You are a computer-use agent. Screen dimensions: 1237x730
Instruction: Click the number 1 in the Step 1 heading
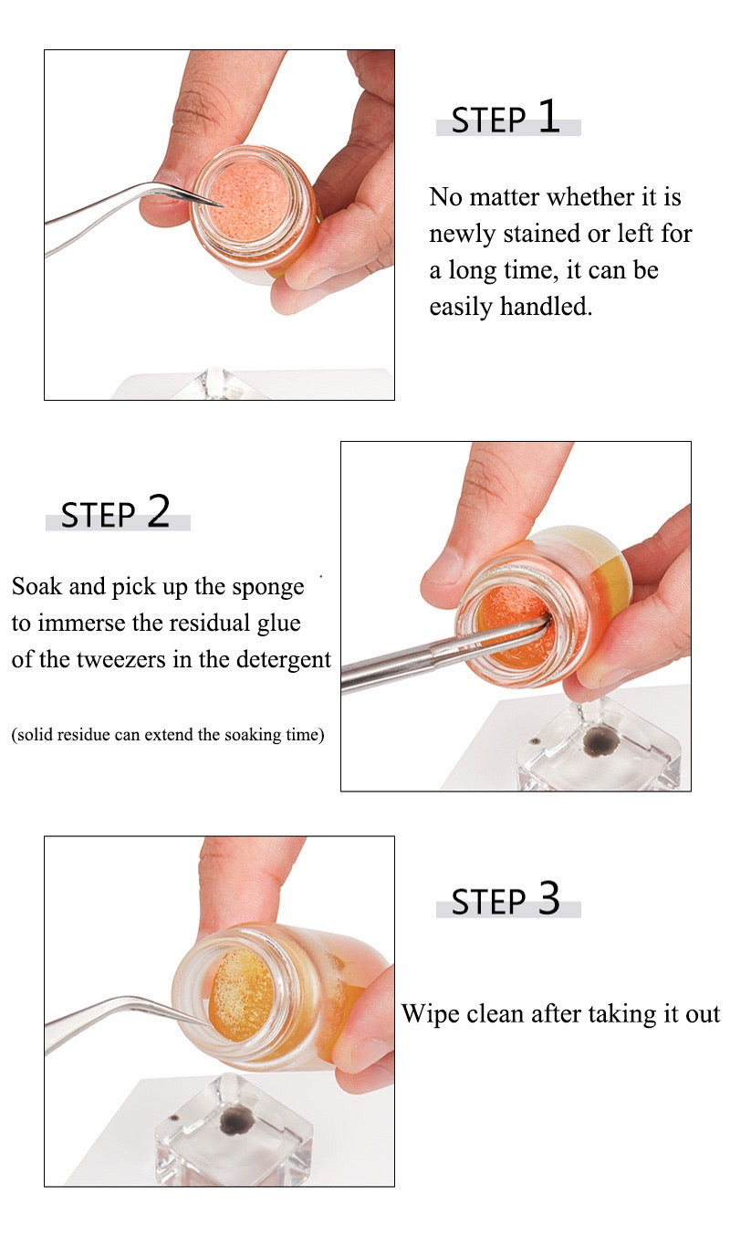pos(548,117)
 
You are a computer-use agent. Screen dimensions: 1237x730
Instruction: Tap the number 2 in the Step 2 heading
pos(158,512)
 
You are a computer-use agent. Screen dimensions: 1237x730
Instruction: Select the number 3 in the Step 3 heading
pos(548,899)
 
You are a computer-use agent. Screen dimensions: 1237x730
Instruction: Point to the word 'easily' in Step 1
pos(461,307)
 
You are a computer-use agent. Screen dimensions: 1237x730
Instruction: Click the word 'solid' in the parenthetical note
pos(37,734)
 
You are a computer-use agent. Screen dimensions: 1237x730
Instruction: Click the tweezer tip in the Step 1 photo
pos(217,203)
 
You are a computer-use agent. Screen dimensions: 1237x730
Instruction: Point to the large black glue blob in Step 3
pos(237,1120)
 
